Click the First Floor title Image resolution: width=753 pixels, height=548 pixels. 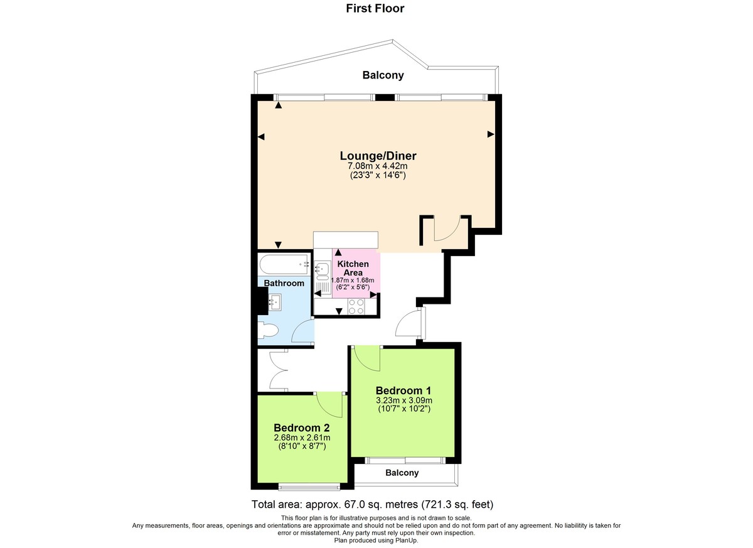tap(375, 9)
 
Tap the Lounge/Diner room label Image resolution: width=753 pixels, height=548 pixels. tap(378, 156)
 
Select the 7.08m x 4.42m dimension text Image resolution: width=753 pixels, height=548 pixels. tap(378, 166)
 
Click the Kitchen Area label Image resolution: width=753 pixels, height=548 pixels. tap(353, 268)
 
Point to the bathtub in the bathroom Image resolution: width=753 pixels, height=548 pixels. tap(284, 265)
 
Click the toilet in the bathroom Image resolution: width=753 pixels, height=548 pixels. tap(267, 331)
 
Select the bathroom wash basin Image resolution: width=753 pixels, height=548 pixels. tap(274, 303)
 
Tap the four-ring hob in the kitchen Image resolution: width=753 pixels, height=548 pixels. tap(356, 306)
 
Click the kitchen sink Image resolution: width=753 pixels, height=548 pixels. tap(323, 271)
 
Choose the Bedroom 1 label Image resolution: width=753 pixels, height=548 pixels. tap(403, 389)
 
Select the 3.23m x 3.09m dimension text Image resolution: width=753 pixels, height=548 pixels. tap(403, 400)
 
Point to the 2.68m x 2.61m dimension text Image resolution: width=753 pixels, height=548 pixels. tap(302, 438)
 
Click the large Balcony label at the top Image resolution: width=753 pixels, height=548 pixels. tap(383, 75)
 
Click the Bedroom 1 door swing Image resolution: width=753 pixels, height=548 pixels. tap(366, 358)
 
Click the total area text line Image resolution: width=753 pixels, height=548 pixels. tap(373, 504)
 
